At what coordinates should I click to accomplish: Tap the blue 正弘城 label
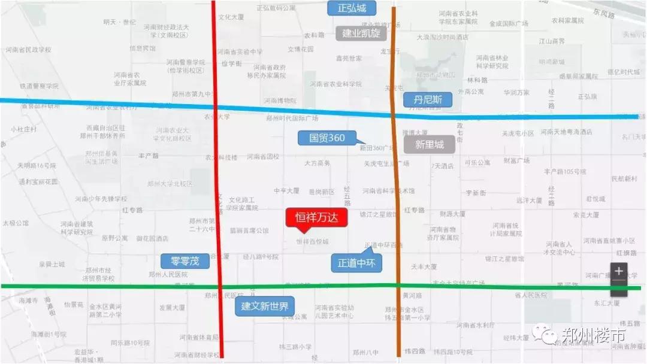pos(352,8)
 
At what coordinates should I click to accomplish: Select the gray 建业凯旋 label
pos(361,33)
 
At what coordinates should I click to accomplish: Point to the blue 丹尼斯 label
pos(427,99)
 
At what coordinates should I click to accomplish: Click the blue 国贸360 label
pos(327,138)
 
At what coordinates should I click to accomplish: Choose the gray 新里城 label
pos(430,144)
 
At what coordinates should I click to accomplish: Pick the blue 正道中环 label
pos(356,263)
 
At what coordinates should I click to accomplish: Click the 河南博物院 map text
pos(279,101)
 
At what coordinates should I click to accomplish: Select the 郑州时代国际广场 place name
pos(292,119)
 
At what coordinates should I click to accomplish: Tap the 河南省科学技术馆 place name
pos(388,191)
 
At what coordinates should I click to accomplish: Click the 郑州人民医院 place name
pos(167,275)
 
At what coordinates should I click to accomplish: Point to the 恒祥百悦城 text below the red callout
pos(312,242)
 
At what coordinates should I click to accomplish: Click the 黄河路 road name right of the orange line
pos(412,296)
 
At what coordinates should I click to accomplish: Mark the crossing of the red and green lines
pos(220,286)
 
